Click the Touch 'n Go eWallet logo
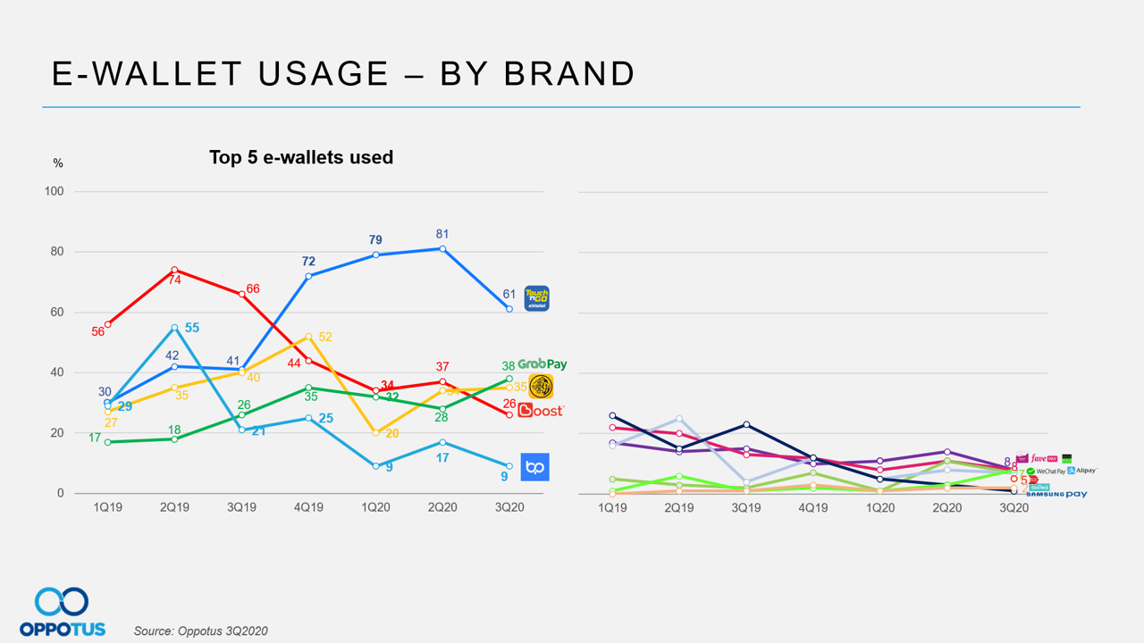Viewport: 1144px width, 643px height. [536, 298]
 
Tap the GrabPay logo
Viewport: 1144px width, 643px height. [542, 364]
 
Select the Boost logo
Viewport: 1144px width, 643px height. [541, 411]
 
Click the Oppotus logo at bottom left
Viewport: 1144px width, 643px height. [62, 612]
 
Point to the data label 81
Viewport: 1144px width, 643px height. [442, 234]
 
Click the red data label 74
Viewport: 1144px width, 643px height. [175, 280]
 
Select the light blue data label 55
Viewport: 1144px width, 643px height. [191, 328]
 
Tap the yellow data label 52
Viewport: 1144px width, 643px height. [325, 337]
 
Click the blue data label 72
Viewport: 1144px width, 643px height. [308, 261]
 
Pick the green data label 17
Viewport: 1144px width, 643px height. [95, 438]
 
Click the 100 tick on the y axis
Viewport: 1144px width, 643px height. [55, 192]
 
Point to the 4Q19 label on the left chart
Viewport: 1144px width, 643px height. [308, 507]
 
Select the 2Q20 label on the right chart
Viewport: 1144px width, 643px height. [947, 507]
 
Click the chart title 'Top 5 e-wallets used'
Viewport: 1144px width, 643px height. [301, 157]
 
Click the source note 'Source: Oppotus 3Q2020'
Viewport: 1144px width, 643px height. [200, 630]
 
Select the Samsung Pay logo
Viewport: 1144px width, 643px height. [1056, 494]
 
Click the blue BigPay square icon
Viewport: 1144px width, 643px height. [534, 467]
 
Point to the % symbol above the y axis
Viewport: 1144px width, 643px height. [58, 163]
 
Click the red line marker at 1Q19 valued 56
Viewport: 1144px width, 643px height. [107, 324]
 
